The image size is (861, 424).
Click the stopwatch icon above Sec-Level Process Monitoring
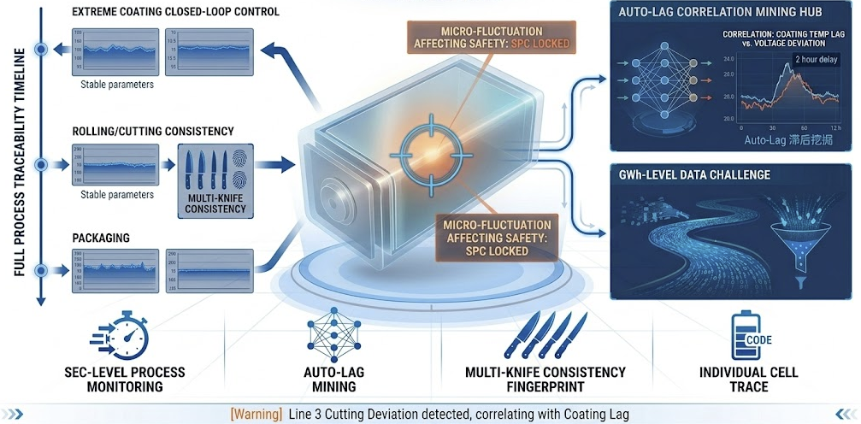pyautogui.click(x=125, y=335)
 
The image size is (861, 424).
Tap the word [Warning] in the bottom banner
pyautogui.click(x=256, y=415)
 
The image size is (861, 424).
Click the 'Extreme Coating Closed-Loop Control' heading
pyautogui.click(x=176, y=13)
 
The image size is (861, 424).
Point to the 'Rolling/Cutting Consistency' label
pyautogui.click(x=152, y=132)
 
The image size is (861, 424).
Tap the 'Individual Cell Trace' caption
pyautogui.click(x=736, y=380)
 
